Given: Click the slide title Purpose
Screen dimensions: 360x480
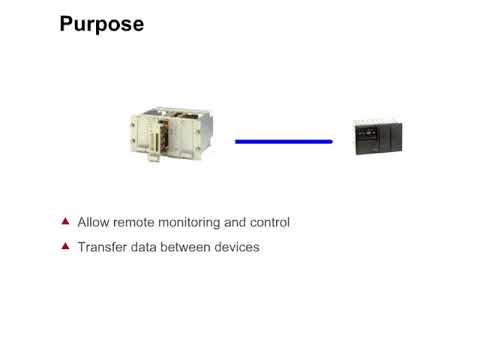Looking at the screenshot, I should pos(102,24).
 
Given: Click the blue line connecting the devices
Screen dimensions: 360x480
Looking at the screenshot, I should pos(283,142).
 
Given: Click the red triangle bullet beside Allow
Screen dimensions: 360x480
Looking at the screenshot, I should pos(66,221).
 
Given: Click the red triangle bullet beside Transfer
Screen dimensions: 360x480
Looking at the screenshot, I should pos(66,245).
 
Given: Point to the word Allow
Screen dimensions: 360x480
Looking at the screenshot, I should pos(93,222).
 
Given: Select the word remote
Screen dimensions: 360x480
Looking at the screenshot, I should pos(136,222).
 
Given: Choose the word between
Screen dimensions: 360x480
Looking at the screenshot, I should pos(191,246).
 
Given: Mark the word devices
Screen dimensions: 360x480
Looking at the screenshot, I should pos(239,246).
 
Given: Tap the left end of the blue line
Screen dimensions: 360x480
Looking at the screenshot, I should pos(237,142).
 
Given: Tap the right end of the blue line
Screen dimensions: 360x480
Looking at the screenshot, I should pos(329,142).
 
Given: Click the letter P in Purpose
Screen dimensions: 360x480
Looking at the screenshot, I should pos(67,23).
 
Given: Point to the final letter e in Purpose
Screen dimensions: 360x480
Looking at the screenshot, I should pos(138,25).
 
